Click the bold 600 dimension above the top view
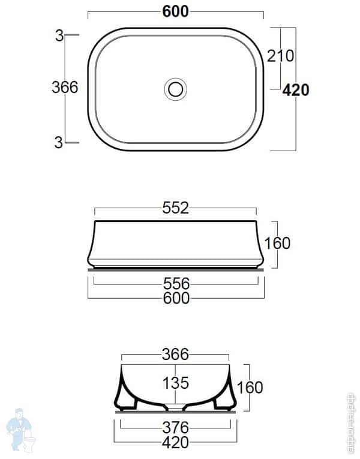pos(176,11)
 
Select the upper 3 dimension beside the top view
pos(59,35)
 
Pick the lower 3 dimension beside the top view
pos(59,142)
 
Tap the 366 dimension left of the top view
pos(65,88)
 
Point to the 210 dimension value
pos(280,56)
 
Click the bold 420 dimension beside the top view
pos(296,90)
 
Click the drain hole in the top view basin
pos(176,89)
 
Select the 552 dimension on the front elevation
pos(176,208)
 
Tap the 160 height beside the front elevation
pos(277,243)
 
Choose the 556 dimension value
pos(176,283)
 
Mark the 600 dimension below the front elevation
pos(176,298)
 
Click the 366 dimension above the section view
pos(176,355)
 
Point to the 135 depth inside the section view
pos(176,382)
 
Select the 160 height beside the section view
pos(250,387)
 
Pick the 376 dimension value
pos(176,428)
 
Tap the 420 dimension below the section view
pos(176,443)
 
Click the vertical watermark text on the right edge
pos(352,424)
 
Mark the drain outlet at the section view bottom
pos(176,409)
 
